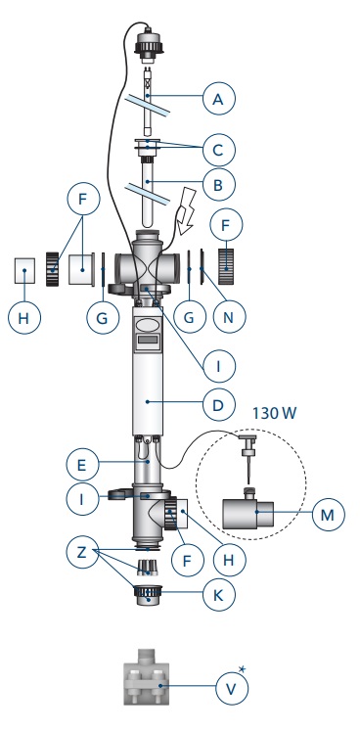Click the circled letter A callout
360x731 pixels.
coord(219,99)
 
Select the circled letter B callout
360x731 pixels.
coord(219,184)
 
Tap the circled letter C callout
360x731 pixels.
coord(219,150)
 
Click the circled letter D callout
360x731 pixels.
coord(219,404)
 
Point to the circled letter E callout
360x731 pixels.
coord(82,465)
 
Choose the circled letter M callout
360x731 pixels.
coord(329,514)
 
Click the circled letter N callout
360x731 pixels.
coord(229,317)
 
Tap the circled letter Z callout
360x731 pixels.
coord(82,553)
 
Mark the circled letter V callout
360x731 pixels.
coord(232,689)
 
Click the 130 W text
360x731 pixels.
coord(274,413)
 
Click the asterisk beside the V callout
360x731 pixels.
coord(242,669)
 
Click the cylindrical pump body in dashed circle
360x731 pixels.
coord(247,514)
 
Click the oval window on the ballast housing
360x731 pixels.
coord(148,324)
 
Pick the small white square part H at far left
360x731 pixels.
coord(24,270)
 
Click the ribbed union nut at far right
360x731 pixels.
coord(225,266)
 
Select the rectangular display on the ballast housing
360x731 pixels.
coord(148,341)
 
